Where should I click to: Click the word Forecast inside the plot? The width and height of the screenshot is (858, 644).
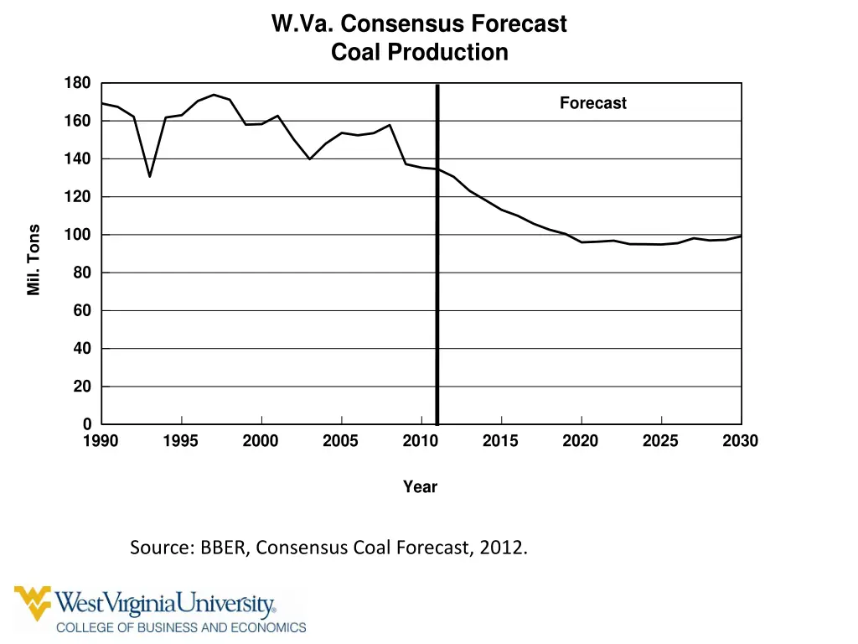[x=592, y=103]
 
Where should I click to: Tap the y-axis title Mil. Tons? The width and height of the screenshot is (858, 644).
[x=34, y=260]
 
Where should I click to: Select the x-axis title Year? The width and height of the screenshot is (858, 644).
[x=420, y=486]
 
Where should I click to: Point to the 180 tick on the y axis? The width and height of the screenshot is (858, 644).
[x=77, y=83]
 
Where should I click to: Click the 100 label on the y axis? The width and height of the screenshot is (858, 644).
[x=77, y=235]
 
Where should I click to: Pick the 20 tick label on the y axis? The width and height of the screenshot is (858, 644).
[x=81, y=387]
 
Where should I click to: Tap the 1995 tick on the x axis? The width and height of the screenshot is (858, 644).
[x=181, y=441]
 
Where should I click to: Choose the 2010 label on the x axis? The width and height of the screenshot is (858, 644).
[x=421, y=441]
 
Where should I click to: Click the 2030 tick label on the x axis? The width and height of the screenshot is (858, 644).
[x=740, y=441]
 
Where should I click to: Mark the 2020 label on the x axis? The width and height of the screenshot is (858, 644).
[x=581, y=441]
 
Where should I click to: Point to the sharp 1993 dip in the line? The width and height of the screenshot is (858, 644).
[x=150, y=176]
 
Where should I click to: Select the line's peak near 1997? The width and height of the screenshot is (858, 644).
[x=214, y=95]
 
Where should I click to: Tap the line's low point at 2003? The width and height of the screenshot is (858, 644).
[x=310, y=158]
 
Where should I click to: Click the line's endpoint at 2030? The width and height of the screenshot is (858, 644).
[x=741, y=236]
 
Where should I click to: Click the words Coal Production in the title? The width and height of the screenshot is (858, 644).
[x=419, y=52]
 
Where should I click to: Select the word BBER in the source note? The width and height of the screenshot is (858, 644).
[x=222, y=548]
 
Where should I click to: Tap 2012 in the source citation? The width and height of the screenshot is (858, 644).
[x=504, y=548]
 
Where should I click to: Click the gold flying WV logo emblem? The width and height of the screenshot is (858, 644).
[x=33, y=602]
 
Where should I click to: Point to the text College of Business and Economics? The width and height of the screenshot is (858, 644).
[x=181, y=626]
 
